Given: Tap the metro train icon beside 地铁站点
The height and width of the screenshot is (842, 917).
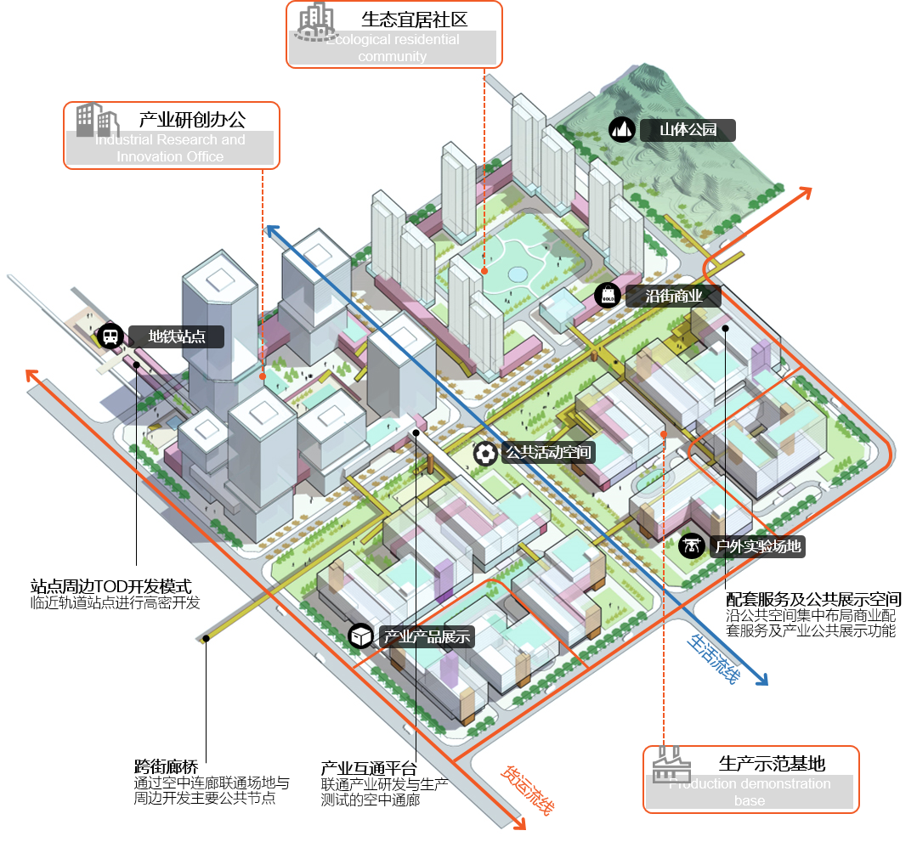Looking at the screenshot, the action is (110, 336).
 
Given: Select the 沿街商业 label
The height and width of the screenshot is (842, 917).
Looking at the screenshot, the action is (674, 296).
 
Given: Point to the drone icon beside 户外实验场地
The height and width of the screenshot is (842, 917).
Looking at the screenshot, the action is (692, 545).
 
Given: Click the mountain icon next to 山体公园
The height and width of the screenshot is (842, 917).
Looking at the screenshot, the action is (622, 129).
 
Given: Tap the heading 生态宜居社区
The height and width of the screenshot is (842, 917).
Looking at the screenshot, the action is (414, 19).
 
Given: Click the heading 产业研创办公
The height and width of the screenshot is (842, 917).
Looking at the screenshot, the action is (192, 120).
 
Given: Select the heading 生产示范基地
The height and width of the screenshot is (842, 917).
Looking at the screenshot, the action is (772, 763).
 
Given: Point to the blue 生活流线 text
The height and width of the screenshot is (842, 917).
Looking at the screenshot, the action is (714, 658).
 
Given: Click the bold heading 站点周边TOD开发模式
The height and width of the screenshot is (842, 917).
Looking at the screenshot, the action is (110, 586).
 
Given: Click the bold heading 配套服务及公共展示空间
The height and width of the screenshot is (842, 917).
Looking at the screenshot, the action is (813, 599).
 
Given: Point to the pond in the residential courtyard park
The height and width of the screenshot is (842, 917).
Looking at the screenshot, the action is (516, 274).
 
